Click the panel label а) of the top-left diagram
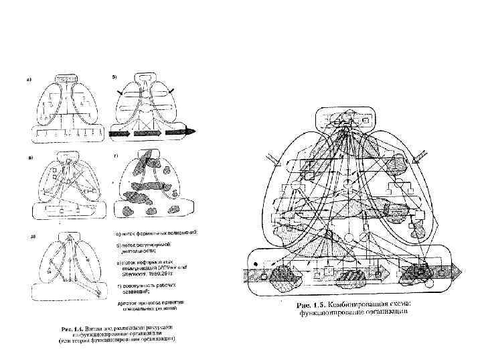tap(29, 80)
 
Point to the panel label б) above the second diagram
tap(114, 78)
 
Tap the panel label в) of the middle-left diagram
tap(29, 158)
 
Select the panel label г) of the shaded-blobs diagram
tap(116, 156)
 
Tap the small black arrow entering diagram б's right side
tap(173, 90)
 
